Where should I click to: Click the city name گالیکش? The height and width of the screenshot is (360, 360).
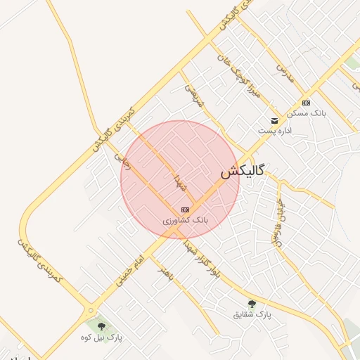(243, 172)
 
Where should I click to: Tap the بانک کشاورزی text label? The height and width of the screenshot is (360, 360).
(186, 221)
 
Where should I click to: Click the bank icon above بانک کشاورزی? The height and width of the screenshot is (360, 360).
(185, 210)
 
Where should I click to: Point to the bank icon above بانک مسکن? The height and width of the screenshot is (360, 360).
(306, 103)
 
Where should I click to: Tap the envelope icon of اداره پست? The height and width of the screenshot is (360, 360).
(274, 120)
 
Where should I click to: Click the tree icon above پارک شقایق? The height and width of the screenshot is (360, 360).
(252, 304)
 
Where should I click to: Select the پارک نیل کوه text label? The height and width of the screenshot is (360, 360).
(102, 337)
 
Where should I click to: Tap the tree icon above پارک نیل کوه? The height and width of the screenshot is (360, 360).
(102, 326)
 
